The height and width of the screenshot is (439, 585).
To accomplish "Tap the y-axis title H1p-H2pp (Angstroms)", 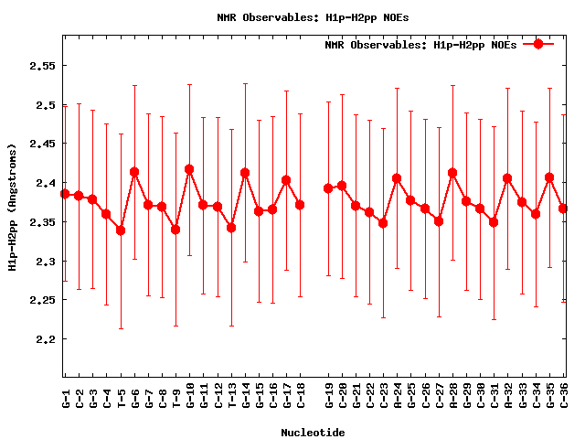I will click(12, 207).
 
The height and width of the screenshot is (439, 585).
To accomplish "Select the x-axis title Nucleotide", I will click(313, 432).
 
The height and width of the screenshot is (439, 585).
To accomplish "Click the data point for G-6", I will click(134, 172).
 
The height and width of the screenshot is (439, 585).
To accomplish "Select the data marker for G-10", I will click(189, 169).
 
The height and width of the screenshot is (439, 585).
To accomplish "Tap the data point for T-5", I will click(121, 230).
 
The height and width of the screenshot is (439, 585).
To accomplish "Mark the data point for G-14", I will click(245, 173).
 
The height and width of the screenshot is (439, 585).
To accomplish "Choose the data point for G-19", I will click(328, 188).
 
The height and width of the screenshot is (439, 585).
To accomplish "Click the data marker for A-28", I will click(452, 173).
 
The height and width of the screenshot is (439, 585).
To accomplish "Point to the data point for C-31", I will click(494, 222).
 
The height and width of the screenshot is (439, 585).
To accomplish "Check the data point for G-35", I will click(549, 177).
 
